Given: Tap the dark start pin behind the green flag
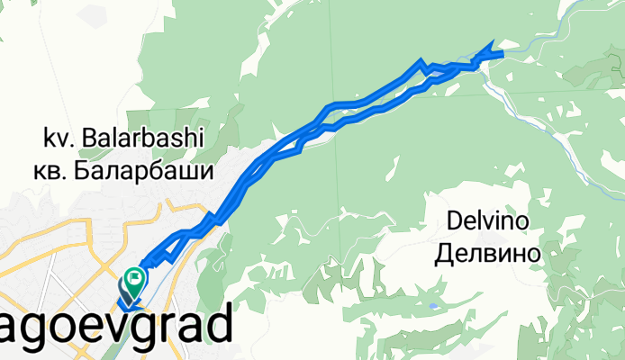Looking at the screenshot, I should coord(125,289).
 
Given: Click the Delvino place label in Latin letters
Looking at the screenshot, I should coord(487,221).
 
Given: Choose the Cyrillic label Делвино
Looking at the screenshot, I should coord(487,255).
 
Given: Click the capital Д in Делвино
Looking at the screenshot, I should coord(447,255).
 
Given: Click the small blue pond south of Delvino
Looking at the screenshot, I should coord(435,306).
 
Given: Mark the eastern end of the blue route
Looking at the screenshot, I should coord(502,54).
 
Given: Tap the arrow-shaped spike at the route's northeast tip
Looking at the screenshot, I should coord(491,45).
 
